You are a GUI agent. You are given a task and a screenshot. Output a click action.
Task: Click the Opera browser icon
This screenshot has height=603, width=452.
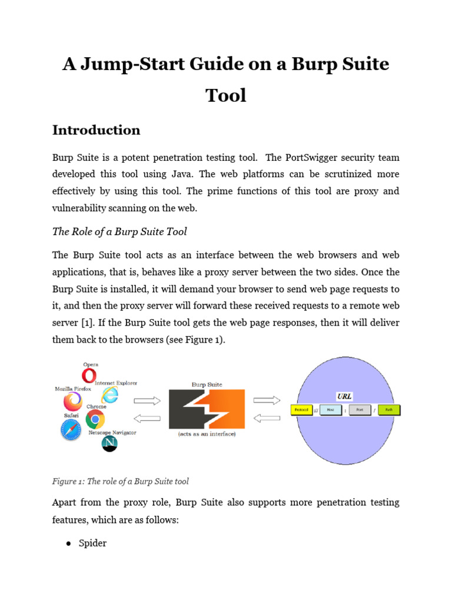click(90, 375)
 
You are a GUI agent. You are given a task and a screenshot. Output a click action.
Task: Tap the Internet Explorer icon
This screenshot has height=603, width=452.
click(109, 395)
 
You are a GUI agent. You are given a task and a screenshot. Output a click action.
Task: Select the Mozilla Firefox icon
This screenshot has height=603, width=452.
click(73, 402)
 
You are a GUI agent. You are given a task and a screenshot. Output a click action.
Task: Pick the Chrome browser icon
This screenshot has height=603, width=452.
click(95, 419)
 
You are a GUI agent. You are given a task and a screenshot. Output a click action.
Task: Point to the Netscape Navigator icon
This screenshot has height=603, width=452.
click(109, 443)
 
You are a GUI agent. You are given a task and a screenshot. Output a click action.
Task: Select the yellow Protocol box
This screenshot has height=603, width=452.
click(301, 409)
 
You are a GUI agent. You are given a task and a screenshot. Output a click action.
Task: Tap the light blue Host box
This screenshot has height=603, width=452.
click(331, 409)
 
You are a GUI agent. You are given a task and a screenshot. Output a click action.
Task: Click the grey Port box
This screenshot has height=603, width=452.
click(360, 409)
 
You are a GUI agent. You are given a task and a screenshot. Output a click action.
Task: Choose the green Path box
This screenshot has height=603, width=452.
click(389, 409)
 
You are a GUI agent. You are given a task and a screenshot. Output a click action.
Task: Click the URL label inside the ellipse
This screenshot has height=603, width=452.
click(344, 396)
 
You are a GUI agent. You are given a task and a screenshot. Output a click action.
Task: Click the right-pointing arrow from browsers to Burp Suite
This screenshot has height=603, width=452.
click(147, 400)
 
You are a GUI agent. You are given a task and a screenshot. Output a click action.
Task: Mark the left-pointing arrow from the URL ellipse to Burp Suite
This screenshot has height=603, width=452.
click(267, 418)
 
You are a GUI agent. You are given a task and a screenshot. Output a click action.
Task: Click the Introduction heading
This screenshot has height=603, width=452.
click(97, 130)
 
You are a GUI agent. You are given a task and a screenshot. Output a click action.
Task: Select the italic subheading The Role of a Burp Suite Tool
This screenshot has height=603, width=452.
click(119, 231)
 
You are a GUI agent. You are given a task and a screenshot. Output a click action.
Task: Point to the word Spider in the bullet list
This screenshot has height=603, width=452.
click(93, 543)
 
